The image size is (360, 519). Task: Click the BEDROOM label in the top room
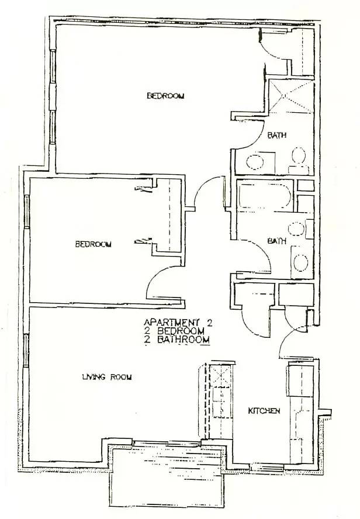[165, 96]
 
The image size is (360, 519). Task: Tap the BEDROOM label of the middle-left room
[93, 244]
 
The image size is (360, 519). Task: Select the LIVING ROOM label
[107, 377]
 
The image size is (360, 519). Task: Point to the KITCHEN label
[264, 411]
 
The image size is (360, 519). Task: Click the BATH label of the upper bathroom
[276, 136]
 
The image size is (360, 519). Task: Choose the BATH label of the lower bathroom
[276, 241]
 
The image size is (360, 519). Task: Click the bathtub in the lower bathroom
[265, 195]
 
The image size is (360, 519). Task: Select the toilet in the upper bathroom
[299, 157]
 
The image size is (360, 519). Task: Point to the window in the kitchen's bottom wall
[266, 467]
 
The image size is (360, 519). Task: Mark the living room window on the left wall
[26, 351]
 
